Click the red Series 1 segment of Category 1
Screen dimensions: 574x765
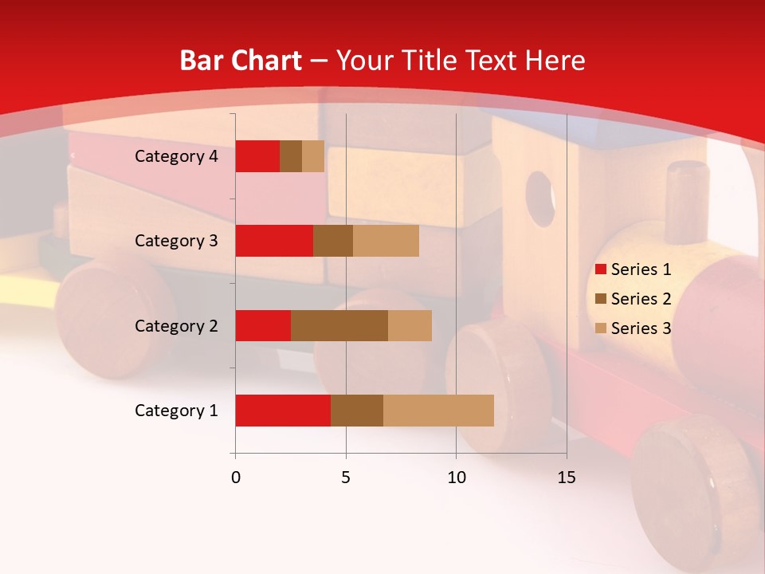(282, 411)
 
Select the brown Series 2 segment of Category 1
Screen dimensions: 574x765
(357, 411)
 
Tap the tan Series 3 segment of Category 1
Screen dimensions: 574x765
(438, 411)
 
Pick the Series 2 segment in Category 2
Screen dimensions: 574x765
(339, 325)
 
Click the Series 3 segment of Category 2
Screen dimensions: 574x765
(410, 325)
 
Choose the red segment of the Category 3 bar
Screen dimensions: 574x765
(274, 241)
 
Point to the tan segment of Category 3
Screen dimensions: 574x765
(386, 241)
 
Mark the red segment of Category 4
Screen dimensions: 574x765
(257, 156)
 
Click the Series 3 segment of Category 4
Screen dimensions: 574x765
(313, 156)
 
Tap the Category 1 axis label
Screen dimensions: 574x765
(176, 411)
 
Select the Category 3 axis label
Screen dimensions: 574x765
(176, 241)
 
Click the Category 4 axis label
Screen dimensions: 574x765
(176, 156)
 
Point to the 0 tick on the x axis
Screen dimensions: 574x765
(236, 478)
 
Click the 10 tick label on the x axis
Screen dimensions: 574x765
(456, 478)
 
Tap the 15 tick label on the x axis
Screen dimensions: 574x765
(567, 478)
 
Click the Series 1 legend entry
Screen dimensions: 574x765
(634, 269)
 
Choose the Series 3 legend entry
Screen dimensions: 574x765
(634, 328)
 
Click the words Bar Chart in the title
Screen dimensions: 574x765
(241, 61)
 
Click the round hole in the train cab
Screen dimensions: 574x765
(540, 198)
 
